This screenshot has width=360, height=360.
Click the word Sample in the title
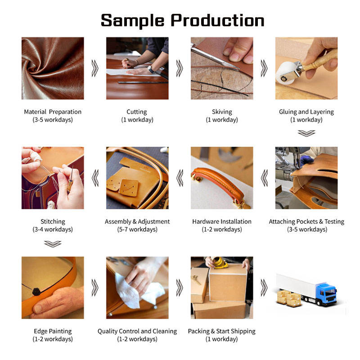tap(132, 21)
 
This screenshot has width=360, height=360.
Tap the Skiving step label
tap(222, 112)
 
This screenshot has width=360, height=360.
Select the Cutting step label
tap(137, 112)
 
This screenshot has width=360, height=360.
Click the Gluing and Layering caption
tap(306, 112)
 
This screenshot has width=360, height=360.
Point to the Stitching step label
tap(53, 221)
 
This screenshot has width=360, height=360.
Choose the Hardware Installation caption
tap(222, 221)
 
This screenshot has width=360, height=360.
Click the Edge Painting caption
tap(53, 331)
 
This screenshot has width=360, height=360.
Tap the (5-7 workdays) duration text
tap(137, 229)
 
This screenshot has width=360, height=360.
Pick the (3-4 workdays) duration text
tap(53, 229)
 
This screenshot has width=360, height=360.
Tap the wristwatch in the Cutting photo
tap(151, 69)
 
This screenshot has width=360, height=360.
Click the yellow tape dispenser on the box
tap(220, 262)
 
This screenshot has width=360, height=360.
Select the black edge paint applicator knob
tap(36, 292)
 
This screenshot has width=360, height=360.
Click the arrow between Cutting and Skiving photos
tap(180, 68)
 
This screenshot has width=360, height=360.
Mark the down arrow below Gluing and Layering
tap(306, 133)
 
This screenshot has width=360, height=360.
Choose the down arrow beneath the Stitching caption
tap(53, 244)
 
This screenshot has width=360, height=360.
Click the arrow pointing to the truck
tap(264, 288)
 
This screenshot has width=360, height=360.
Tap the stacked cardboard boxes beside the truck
tap(289, 298)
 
